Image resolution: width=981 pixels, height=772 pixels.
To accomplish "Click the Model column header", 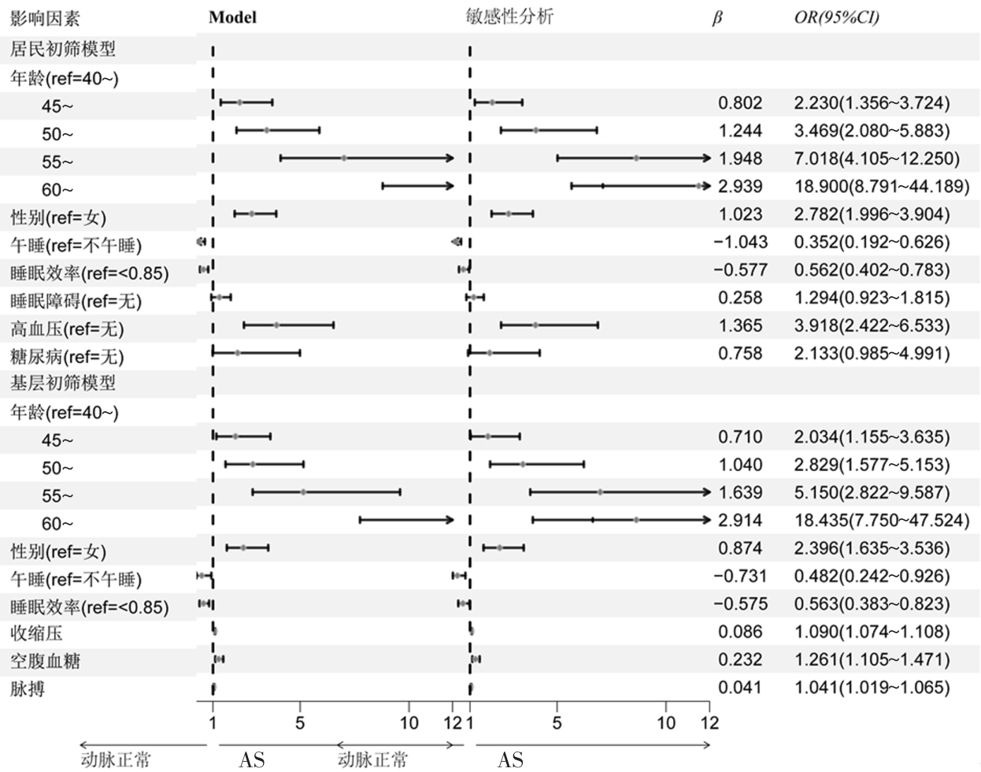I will point(232,17).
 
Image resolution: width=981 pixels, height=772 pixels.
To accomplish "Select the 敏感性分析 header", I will point(509,17).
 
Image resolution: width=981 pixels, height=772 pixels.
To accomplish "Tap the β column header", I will point(716,18).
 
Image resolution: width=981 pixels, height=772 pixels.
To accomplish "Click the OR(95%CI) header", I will point(836,17).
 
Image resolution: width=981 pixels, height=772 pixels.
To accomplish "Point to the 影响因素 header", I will point(45,18).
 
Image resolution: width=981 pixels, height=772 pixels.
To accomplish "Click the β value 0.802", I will point(740,102).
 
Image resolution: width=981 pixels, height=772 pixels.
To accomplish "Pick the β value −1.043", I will point(740,242).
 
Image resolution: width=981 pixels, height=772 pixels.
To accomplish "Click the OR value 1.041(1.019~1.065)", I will point(872,688).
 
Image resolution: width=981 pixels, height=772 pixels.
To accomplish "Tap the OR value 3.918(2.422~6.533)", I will point(872,325).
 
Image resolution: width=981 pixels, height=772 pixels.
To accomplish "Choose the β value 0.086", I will point(740,632).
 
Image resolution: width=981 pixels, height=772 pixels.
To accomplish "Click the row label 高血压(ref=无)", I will point(67,328).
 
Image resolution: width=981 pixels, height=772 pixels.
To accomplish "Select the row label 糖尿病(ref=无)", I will point(67,357).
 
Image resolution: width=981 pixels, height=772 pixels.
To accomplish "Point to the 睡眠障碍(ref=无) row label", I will point(76,301).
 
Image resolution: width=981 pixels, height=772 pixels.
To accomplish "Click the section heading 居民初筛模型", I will point(63,49).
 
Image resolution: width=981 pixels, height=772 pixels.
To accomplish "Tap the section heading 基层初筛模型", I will point(63,384).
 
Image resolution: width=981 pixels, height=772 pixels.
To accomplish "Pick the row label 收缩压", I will point(36,633).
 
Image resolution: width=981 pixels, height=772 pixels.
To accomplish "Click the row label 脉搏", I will point(28,689).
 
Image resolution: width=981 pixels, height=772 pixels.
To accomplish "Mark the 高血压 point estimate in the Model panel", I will point(276,325).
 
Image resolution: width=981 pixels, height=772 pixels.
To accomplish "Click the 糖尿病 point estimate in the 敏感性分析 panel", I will point(490,352).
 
